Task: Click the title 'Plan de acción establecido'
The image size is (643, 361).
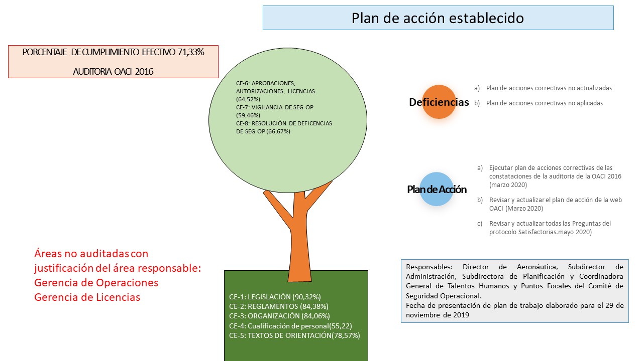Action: (x=438, y=18)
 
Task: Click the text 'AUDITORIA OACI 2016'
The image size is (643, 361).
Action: (x=113, y=71)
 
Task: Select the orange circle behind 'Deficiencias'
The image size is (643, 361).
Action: (x=439, y=102)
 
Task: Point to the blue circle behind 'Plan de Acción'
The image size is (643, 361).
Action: (x=437, y=189)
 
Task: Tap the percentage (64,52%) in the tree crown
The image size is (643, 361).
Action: (x=248, y=99)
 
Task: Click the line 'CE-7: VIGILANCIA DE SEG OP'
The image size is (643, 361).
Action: (x=275, y=107)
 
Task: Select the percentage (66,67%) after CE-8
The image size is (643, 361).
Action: (x=278, y=131)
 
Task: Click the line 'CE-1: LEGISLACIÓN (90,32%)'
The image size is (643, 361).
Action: (x=275, y=297)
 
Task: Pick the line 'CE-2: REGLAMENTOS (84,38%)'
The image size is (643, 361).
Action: (x=279, y=306)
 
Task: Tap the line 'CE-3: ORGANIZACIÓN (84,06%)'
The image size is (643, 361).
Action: (x=280, y=316)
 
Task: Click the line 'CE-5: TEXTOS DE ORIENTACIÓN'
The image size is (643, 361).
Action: (x=280, y=335)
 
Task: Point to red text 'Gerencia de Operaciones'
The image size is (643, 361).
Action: (x=96, y=283)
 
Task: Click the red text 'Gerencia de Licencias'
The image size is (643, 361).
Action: (x=87, y=297)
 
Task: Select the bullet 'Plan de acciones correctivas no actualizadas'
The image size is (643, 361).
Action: (x=549, y=88)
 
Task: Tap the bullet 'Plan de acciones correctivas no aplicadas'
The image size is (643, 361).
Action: (x=544, y=103)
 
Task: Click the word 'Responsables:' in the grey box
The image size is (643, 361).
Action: (x=429, y=267)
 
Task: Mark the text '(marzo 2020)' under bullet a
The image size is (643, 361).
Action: (x=508, y=185)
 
